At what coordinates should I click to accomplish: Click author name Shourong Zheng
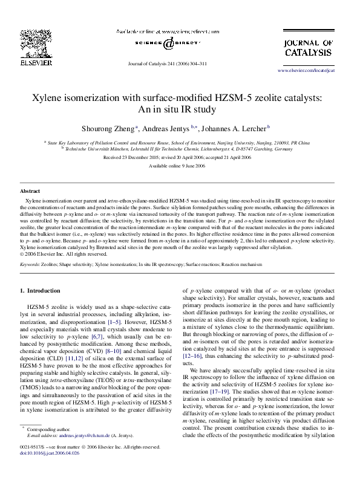click(x=108, y=129)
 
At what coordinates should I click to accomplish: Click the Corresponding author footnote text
click(x=54, y=429)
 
